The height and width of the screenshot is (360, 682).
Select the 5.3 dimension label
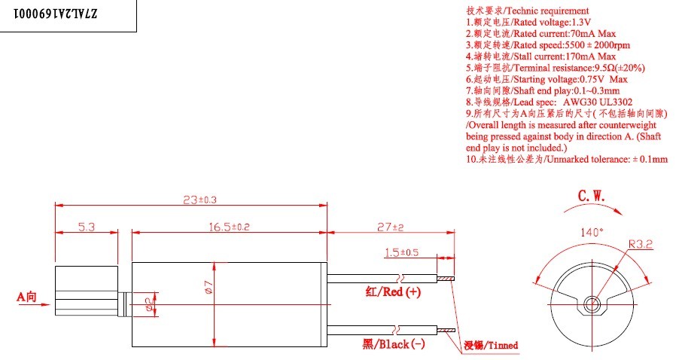pos(85,226)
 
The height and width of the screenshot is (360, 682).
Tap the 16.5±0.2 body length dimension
pos(229,226)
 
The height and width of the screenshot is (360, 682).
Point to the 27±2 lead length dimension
pos(390,226)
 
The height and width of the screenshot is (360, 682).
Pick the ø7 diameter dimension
pos(207,288)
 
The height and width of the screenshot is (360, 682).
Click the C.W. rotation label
pos(591,196)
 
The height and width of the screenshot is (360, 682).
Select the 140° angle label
pos(589,232)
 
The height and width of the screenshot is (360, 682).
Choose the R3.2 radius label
pos(642,244)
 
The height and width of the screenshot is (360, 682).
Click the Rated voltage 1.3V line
pos(518,23)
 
